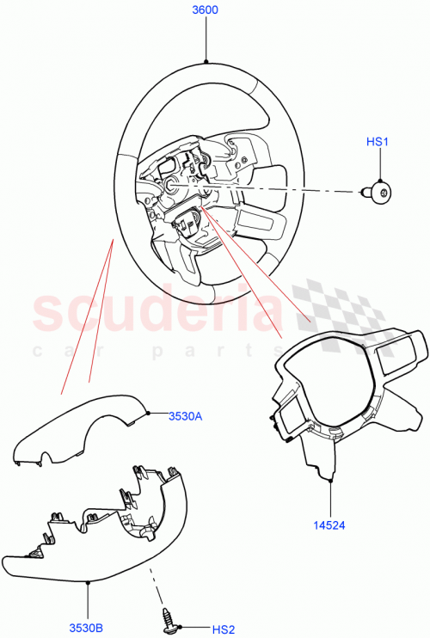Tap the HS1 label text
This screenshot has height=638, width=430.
coord(378,141)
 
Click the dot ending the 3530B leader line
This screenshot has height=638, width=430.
coord(89,582)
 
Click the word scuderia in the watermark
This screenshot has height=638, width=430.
coord(155,314)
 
